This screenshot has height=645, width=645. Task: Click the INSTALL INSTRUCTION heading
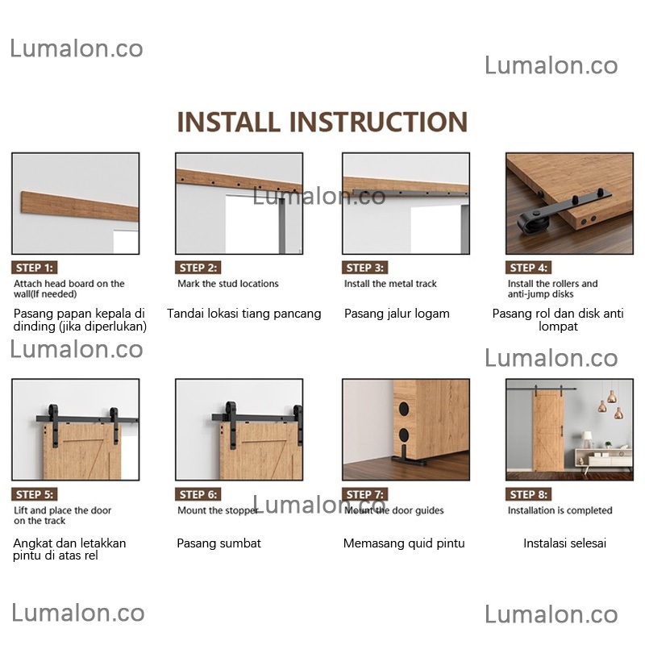[x=322, y=122]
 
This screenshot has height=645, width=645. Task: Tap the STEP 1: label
[x=35, y=268]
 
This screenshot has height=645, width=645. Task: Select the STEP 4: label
[x=529, y=268]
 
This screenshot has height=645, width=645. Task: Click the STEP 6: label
[x=198, y=494]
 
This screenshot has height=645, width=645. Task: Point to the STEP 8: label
[x=529, y=494]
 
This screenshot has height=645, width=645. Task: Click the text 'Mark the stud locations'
[x=228, y=284]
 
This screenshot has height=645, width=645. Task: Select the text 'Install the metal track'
[x=390, y=284]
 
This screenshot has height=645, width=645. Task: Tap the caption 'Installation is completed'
[x=560, y=510]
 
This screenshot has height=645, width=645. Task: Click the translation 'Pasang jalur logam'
[x=397, y=314]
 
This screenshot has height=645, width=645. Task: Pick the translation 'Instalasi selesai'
[x=565, y=543]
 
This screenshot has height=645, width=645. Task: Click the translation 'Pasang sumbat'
[x=218, y=543]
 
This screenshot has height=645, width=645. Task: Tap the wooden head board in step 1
[x=79, y=206]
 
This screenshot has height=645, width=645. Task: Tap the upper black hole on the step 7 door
[x=404, y=409]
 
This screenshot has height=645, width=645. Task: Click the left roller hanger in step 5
[x=54, y=426]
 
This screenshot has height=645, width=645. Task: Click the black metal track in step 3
[x=410, y=193]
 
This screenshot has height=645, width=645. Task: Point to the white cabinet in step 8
[x=603, y=456]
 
